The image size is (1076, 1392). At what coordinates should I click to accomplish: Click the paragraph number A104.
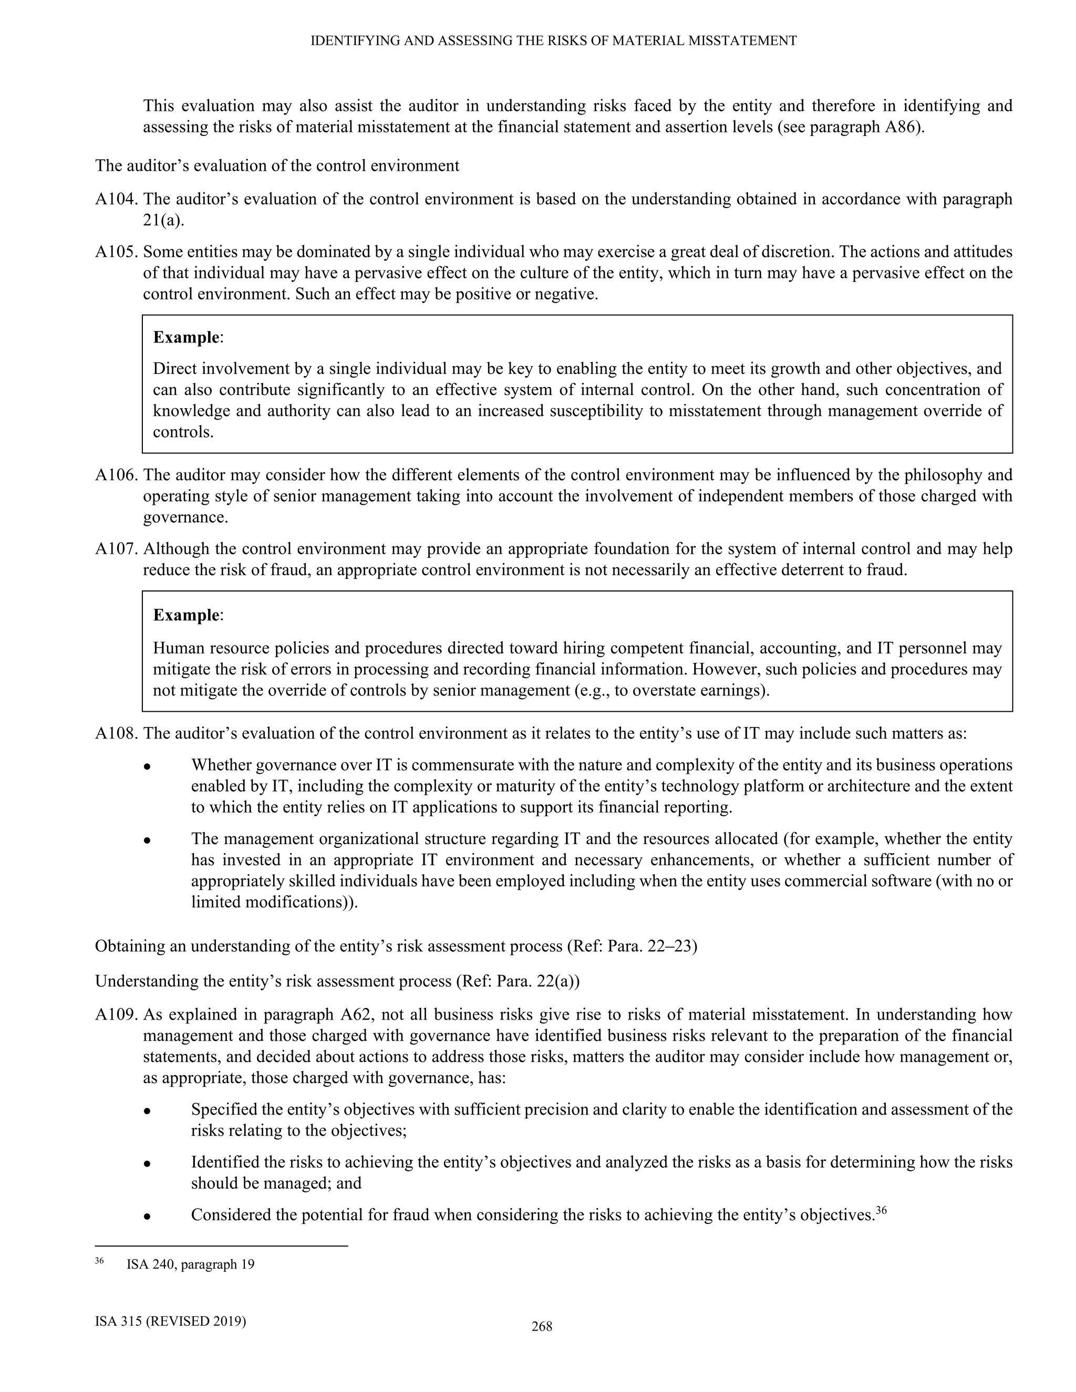117,200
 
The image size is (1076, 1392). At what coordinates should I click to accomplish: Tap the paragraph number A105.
117,252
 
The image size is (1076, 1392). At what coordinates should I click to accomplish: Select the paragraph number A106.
117,475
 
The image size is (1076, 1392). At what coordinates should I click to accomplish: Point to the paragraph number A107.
117,549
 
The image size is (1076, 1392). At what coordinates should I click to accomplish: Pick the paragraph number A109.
117,1014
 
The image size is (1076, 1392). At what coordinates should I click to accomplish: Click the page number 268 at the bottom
542,1326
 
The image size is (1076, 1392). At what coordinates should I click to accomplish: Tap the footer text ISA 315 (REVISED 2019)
170,1321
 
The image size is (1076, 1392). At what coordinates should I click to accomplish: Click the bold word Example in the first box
186,337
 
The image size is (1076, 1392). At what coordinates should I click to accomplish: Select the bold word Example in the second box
186,615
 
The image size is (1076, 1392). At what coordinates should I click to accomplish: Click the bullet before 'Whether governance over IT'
147,766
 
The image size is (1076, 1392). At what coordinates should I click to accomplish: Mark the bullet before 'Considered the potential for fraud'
147,1216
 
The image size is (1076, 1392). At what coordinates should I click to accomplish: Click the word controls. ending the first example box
183,432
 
